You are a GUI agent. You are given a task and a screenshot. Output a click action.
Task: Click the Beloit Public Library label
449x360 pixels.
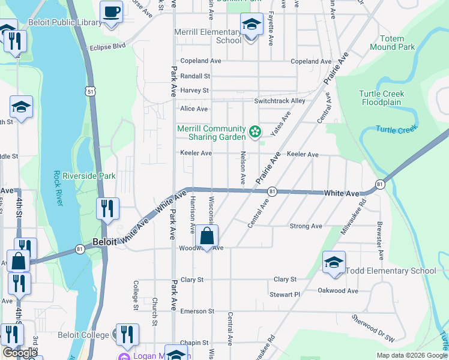coord(65,23)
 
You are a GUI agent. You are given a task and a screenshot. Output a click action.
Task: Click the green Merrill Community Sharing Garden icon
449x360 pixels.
coord(255,130)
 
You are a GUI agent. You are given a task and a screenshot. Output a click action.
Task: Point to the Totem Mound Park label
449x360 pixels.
coord(392,43)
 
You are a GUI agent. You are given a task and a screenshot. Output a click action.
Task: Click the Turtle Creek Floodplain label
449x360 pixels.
coord(382,98)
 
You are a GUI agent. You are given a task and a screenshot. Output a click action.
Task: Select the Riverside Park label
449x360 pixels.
coord(89,176)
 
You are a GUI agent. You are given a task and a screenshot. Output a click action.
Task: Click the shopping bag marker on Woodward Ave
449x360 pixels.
coord(206,237)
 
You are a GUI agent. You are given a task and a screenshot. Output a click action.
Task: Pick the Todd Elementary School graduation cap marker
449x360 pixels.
coord(334,263)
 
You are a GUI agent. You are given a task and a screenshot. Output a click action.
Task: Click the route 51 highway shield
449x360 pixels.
coord(89,91)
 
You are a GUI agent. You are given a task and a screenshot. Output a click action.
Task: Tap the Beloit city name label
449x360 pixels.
coord(106,242)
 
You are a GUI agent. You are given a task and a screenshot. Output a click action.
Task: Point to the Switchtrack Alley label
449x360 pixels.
coord(280,101)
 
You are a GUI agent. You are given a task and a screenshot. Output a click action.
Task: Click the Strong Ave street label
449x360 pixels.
coord(306,226)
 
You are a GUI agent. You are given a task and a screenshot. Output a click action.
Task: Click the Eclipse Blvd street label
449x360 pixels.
coord(107,46)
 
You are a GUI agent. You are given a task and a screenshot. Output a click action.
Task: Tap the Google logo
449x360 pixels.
coord(20,353)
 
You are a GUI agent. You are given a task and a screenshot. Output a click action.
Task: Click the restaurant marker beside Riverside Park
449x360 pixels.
coord(107,209)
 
